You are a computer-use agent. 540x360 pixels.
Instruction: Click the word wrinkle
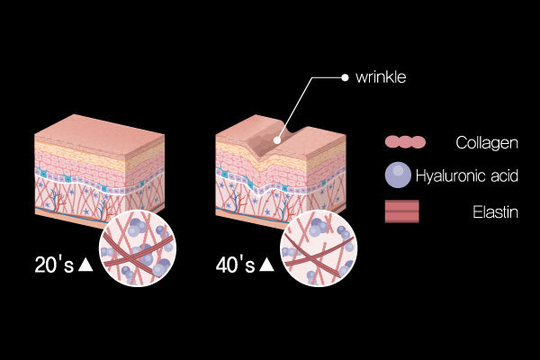tap(382, 77)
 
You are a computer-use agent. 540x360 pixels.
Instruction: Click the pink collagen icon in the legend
tap(404, 142)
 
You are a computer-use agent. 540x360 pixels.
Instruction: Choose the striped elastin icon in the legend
tap(402, 212)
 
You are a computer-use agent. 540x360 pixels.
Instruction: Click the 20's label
tap(53, 265)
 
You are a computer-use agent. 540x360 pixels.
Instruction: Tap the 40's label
tap(235, 265)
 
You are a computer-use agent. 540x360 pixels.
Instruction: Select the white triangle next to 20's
tap(85, 265)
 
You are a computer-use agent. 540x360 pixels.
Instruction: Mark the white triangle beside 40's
tap(267, 265)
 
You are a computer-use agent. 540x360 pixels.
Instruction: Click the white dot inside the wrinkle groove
tap(278, 140)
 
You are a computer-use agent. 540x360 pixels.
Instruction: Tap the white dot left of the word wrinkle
tap(345, 77)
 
